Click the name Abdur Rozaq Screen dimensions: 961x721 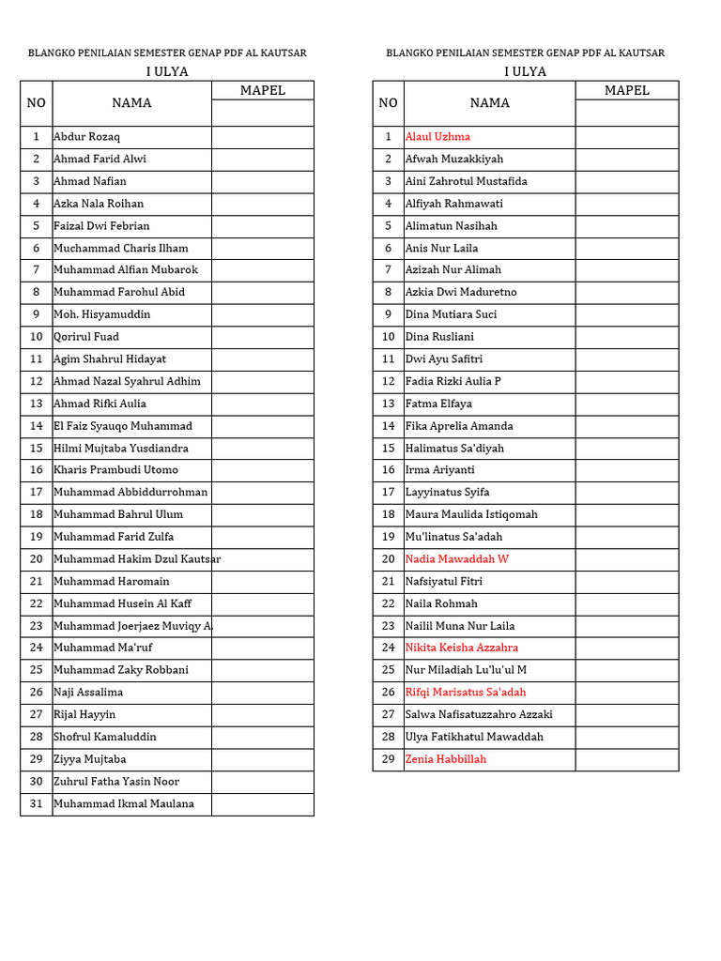click(x=86, y=137)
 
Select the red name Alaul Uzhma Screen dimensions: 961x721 click(x=437, y=137)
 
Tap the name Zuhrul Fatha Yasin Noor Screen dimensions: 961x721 click(x=116, y=782)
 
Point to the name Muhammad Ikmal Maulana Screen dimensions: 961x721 click(x=124, y=804)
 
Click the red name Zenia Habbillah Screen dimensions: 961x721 click(x=446, y=759)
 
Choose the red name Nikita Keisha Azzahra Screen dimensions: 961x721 click(x=461, y=648)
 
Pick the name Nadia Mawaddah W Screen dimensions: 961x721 click(x=456, y=559)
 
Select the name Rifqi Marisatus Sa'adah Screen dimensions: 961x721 click(x=465, y=693)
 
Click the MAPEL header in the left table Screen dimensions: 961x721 click(x=262, y=91)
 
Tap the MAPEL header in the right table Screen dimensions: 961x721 click(x=626, y=91)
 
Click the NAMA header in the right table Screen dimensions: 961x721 click(x=489, y=103)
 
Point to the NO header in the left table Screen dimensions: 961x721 click(x=36, y=103)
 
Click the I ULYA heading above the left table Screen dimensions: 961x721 click(x=167, y=72)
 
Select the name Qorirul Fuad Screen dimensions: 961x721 click(x=86, y=337)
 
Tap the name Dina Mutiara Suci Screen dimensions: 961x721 click(x=451, y=314)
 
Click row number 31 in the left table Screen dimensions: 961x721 click(x=36, y=804)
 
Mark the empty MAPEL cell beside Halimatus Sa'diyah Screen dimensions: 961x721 click(x=626, y=449)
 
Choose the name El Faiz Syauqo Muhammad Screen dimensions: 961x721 click(x=123, y=426)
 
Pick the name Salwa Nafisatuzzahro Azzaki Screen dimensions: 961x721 click(x=479, y=715)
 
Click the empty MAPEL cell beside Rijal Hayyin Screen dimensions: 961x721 click(x=262, y=715)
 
